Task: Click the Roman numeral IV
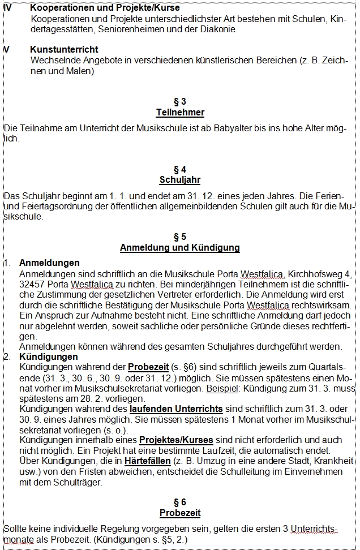click(x=8, y=8)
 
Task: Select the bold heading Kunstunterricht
click(x=64, y=50)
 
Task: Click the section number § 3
click(x=180, y=102)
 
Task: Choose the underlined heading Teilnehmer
click(x=180, y=113)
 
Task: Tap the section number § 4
click(x=180, y=169)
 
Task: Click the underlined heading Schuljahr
click(x=180, y=180)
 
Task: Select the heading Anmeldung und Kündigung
click(x=180, y=247)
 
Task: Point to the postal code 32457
click(x=32, y=284)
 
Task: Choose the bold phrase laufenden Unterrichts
click(x=176, y=409)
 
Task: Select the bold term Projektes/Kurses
click(x=176, y=440)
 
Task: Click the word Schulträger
click(x=74, y=482)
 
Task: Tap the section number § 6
click(x=180, y=502)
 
